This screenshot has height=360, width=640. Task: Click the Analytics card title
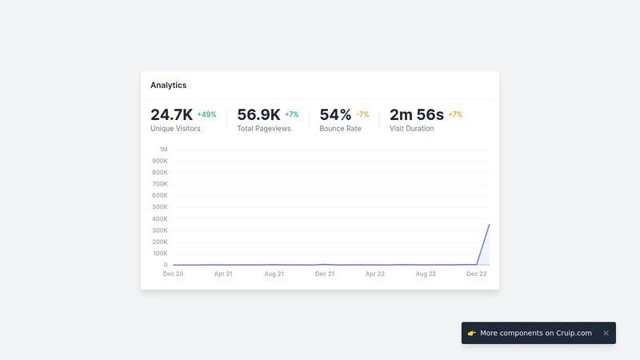click(168, 85)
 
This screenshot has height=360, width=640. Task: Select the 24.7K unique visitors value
click(171, 114)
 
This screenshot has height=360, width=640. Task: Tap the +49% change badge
click(206, 114)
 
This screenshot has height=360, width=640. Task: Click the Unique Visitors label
click(175, 128)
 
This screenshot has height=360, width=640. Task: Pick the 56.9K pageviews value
click(258, 114)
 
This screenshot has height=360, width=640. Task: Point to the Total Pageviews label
click(263, 128)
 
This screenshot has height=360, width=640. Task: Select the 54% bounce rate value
click(335, 114)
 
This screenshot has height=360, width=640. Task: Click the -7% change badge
click(362, 114)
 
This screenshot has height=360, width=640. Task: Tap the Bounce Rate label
click(340, 128)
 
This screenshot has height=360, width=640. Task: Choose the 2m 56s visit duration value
click(416, 114)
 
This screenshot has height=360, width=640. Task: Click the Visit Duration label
click(411, 128)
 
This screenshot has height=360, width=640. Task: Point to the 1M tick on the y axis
click(163, 150)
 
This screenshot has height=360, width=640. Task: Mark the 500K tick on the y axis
click(160, 207)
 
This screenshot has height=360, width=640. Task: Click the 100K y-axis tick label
click(160, 253)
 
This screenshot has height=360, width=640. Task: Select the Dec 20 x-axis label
click(173, 274)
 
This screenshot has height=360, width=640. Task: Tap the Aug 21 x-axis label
click(274, 274)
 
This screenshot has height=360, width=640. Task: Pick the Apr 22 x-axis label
click(375, 274)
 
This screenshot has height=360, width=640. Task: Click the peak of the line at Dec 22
click(489, 225)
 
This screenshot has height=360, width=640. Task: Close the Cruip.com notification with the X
click(606, 333)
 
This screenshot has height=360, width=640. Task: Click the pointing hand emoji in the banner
click(472, 333)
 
